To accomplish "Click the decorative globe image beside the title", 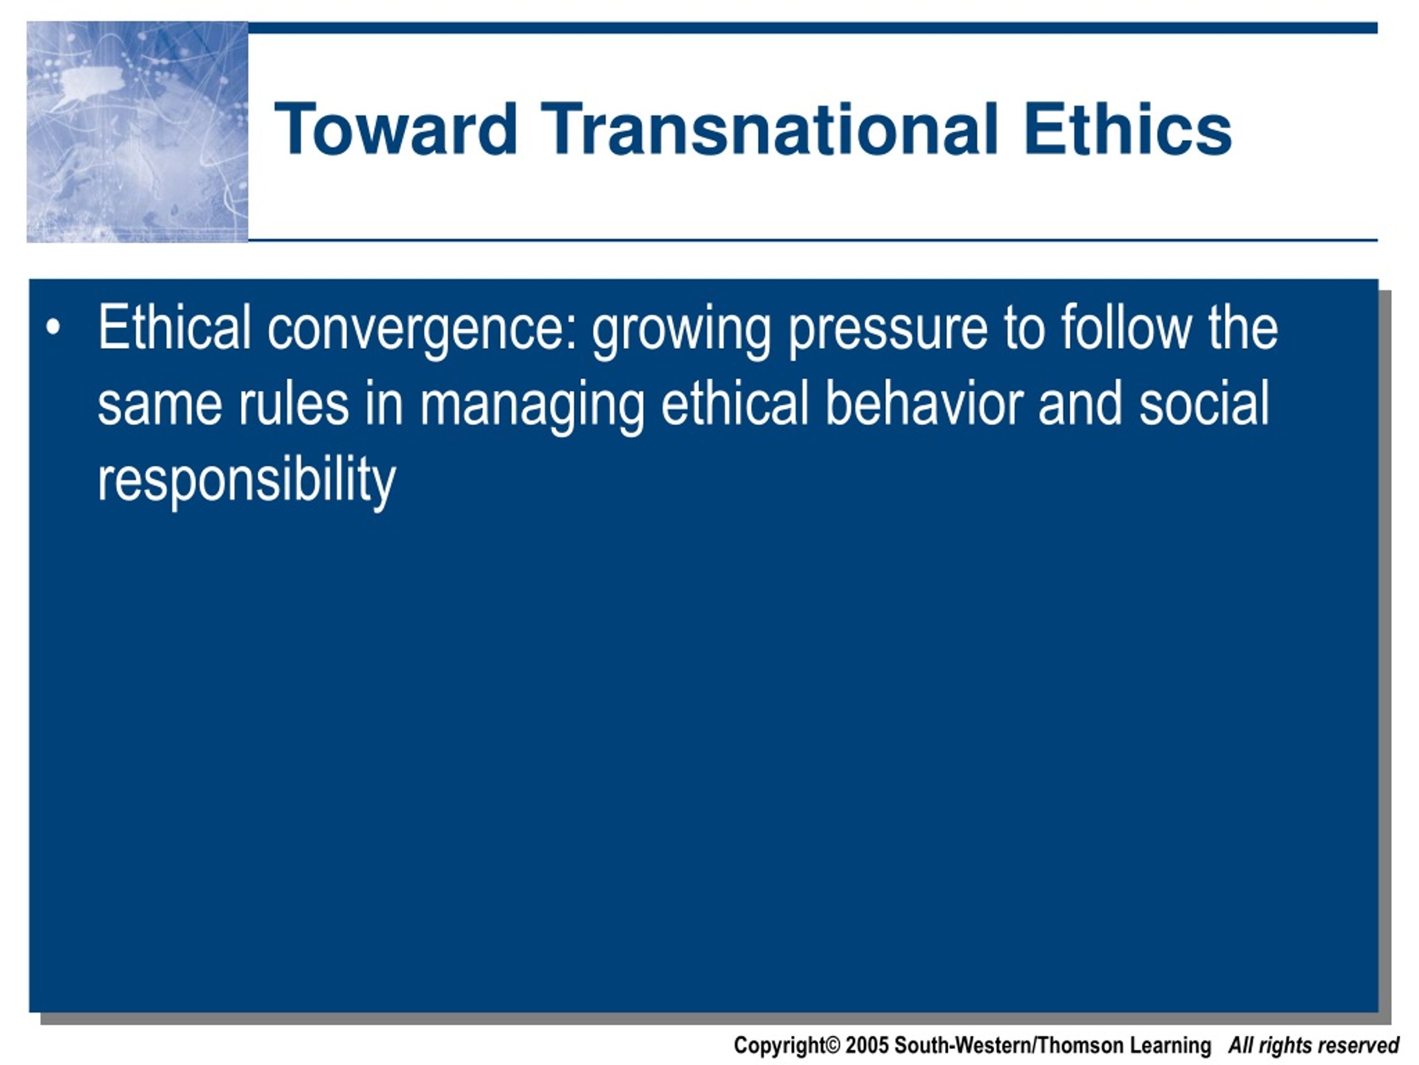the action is (137, 132).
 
